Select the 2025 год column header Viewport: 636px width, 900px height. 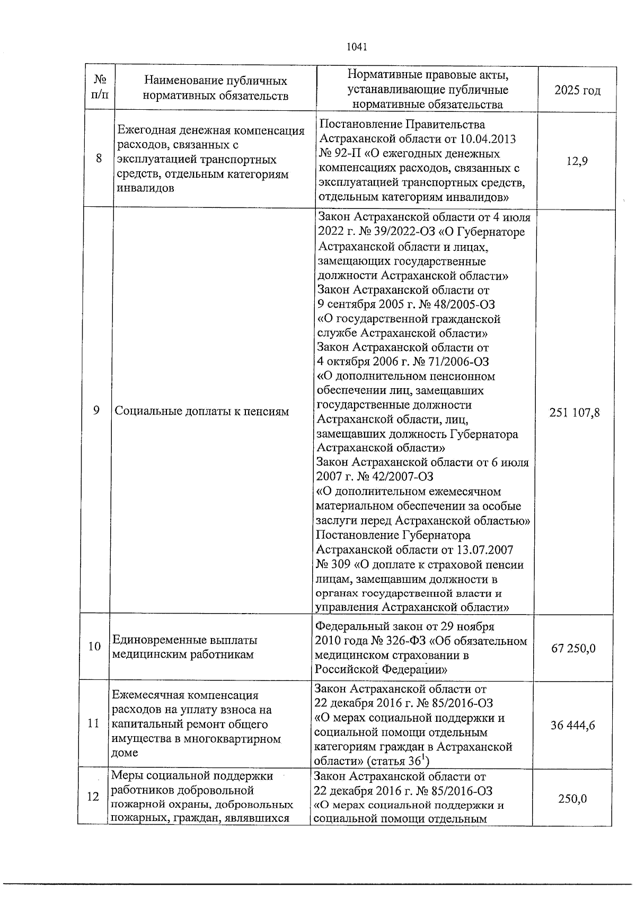(577, 90)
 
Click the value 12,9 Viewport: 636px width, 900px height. (577, 162)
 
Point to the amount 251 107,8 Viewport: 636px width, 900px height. (575, 412)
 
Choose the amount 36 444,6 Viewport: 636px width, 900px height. (572, 725)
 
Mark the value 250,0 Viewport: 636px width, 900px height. (572, 799)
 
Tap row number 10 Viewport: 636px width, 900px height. (94, 646)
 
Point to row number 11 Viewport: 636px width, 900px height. (94, 723)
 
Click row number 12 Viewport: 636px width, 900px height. (93, 797)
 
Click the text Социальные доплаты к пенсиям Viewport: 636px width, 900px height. (202, 411)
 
